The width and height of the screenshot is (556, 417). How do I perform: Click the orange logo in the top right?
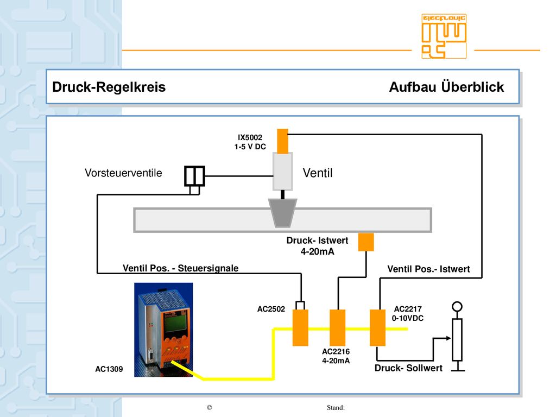[444, 36]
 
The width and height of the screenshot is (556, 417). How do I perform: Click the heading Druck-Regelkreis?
[109, 87]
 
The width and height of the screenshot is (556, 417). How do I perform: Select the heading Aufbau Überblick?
[446, 87]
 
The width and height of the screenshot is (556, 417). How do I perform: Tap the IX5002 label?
[250, 137]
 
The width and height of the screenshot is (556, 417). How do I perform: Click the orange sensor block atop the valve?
[282, 141]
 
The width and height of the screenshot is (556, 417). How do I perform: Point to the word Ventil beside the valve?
[318, 173]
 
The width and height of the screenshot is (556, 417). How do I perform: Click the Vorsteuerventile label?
[123, 173]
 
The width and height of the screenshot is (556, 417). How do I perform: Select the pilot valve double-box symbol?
[195, 176]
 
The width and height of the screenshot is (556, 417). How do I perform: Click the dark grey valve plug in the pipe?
[282, 213]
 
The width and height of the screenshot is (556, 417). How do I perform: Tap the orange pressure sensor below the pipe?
[366, 242]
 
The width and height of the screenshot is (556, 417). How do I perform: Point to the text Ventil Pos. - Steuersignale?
[180, 268]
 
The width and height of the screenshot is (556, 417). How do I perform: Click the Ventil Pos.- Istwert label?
[428, 269]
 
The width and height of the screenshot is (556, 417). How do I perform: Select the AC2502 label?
[271, 309]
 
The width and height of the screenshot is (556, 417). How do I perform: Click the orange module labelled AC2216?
[338, 327]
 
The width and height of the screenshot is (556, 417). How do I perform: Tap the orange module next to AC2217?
[378, 327]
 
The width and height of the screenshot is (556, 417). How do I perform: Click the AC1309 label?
[109, 369]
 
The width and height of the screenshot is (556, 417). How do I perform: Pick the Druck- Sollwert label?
[408, 368]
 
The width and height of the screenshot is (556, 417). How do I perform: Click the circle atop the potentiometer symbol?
[457, 306]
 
